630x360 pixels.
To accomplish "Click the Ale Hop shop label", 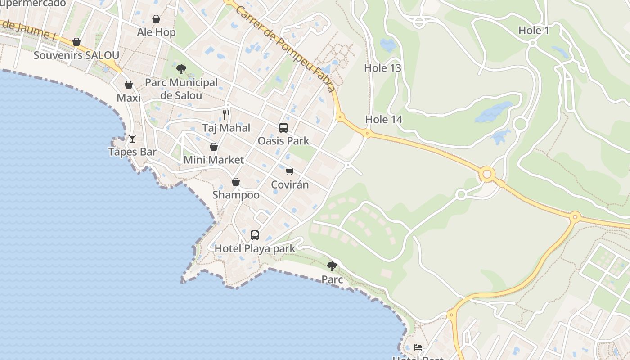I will (156, 32).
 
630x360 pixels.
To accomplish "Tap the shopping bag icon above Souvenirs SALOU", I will (76, 42).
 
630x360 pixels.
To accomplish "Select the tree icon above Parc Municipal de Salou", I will (181, 69).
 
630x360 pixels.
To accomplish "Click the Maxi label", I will (129, 98).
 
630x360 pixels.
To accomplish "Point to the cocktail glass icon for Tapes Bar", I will (132, 138).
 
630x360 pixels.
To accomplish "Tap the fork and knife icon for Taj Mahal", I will (226, 115).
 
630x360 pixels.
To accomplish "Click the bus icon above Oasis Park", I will (283, 128).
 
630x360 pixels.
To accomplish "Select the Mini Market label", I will (214, 160).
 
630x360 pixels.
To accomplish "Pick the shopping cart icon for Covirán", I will (290, 171).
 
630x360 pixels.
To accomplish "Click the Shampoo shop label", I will (236, 195).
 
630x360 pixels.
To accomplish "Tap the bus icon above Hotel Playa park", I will (255, 235).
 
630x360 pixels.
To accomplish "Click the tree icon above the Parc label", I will (332, 266).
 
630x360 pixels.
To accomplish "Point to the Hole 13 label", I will (382, 68).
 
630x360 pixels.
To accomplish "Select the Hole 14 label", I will (383, 119).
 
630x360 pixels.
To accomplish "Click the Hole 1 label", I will (534, 31).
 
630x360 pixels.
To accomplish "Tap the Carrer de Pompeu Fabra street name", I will (285, 47).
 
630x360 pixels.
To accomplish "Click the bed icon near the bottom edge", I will (418, 347).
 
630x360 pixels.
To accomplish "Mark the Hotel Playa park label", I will (255, 248).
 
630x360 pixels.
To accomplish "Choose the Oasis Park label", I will (283, 141).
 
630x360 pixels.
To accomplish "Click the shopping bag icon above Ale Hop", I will (156, 19).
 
